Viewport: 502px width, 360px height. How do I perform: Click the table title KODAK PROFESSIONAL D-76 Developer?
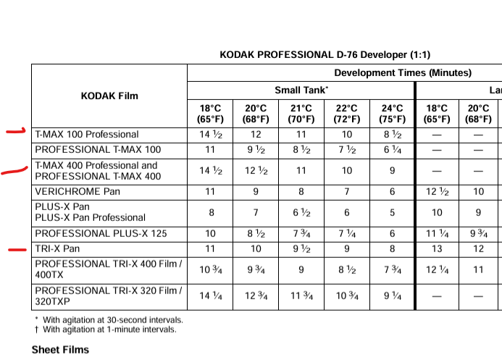325,54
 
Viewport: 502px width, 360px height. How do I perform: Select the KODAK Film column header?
109,95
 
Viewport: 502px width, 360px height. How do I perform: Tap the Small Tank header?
301,90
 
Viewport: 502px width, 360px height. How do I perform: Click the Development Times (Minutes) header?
402,72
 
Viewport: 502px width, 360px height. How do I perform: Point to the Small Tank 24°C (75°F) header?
392,114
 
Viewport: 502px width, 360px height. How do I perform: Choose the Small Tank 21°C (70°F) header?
301,114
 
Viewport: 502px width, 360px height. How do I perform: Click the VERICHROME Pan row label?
78,192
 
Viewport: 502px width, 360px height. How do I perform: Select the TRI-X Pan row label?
57,248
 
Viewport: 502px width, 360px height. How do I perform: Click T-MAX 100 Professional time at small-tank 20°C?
256,134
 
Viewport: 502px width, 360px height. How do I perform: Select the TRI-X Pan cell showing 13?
437,248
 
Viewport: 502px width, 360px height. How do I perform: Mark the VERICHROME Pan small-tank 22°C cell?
347,192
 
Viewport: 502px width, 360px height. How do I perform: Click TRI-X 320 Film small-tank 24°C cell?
392,295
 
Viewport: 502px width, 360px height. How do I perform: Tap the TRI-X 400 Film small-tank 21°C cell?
301,269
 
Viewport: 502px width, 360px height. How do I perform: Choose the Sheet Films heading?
60,350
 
